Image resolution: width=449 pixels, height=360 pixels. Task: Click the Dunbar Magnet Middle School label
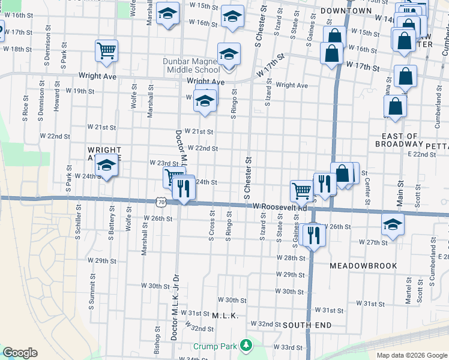click(x=192, y=65)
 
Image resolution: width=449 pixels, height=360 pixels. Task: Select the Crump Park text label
click(x=216, y=347)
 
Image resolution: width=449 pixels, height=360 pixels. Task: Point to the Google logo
click(x=20, y=353)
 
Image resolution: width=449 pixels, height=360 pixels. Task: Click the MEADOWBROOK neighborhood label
click(x=363, y=265)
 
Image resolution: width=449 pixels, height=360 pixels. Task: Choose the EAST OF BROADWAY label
click(x=396, y=140)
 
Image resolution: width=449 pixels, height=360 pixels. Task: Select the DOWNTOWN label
click(x=346, y=11)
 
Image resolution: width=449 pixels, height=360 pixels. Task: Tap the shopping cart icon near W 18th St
click(x=106, y=51)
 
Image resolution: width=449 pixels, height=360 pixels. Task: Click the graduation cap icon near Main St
click(x=393, y=224)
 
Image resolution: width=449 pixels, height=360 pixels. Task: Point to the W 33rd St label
click(x=288, y=347)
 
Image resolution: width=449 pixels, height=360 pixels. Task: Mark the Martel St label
click(x=408, y=291)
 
